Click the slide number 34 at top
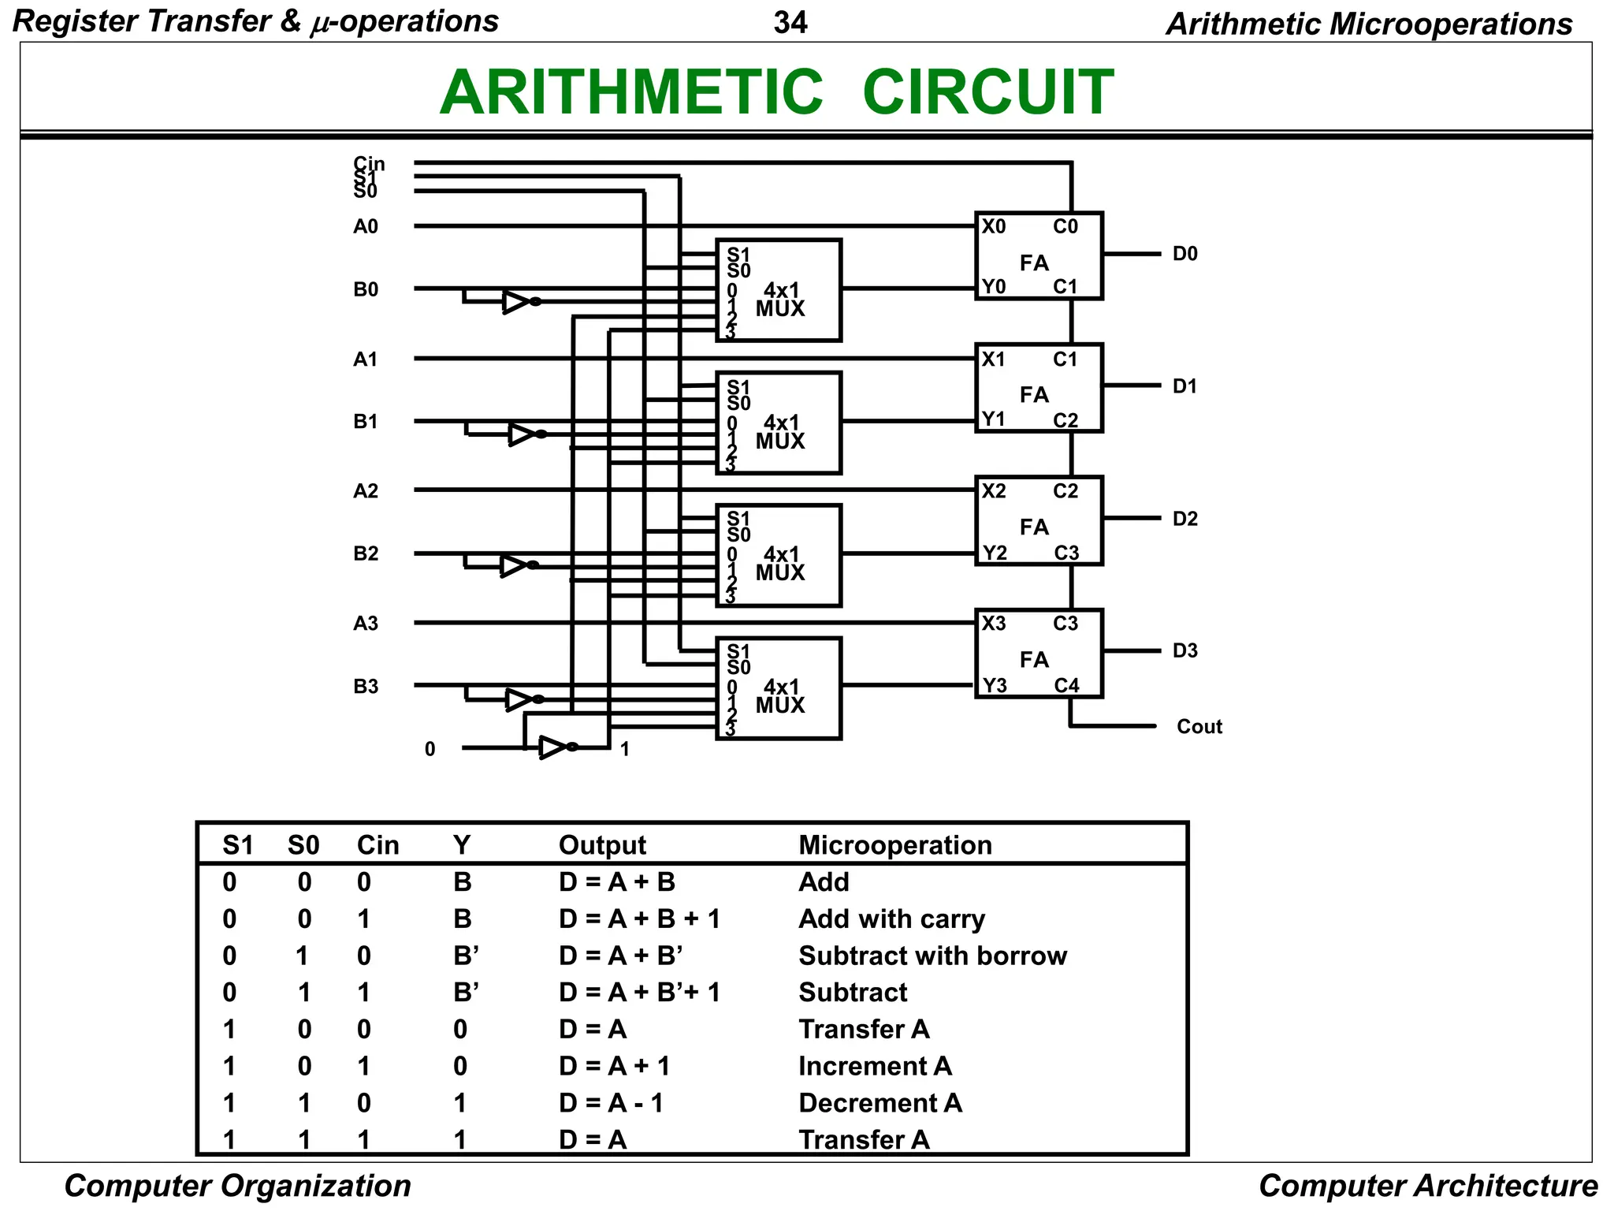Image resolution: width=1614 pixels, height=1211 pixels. coord(790,23)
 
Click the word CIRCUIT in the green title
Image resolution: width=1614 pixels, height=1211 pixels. coord(987,93)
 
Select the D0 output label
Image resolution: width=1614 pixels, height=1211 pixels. coord(1184,254)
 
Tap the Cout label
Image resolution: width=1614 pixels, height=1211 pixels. coord(1199,727)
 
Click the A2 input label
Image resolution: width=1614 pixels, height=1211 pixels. coord(366,491)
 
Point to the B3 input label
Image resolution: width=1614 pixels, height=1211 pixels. coord(366,687)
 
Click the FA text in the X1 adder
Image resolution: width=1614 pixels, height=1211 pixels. coord(1034,395)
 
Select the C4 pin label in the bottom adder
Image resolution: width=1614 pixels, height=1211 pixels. coord(1066,686)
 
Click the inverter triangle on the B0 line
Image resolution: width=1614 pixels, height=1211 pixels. coord(516,302)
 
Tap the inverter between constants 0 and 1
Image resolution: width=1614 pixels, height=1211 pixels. coord(553,747)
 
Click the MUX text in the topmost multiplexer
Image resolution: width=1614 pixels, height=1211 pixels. coord(780,309)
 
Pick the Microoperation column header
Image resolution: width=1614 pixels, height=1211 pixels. coord(895,845)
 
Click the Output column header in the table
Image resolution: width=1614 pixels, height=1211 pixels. coord(602,845)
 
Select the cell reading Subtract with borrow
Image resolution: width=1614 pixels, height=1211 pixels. coord(932,956)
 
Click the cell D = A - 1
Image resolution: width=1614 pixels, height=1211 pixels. coord(611,1103)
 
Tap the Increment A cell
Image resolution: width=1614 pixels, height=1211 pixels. coord(875,1066)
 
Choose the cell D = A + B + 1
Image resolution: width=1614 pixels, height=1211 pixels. coord(639,919)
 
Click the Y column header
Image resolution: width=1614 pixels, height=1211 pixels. coord(462,845)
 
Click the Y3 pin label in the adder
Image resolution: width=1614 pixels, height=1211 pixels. coord(995,686)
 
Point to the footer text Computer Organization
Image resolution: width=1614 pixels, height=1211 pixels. coord(237,1186)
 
